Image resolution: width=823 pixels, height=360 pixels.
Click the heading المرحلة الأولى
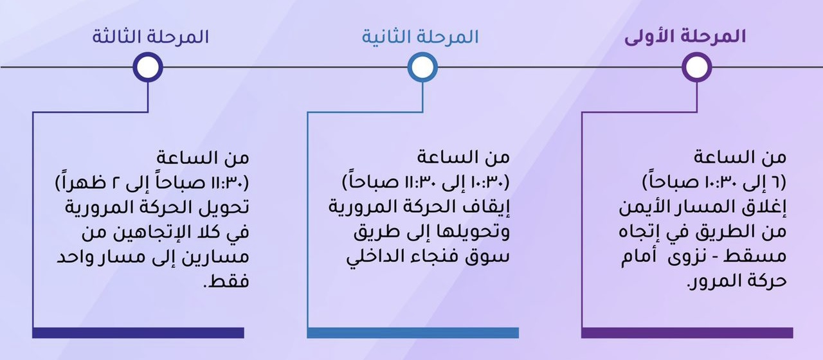point(685,37)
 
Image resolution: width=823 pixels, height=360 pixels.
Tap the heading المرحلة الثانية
point(420,37)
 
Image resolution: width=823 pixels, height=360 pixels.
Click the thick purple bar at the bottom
point(687,332)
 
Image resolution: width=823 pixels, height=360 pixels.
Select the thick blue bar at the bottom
point(413,332)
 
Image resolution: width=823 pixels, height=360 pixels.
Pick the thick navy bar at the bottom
point(138,332)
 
